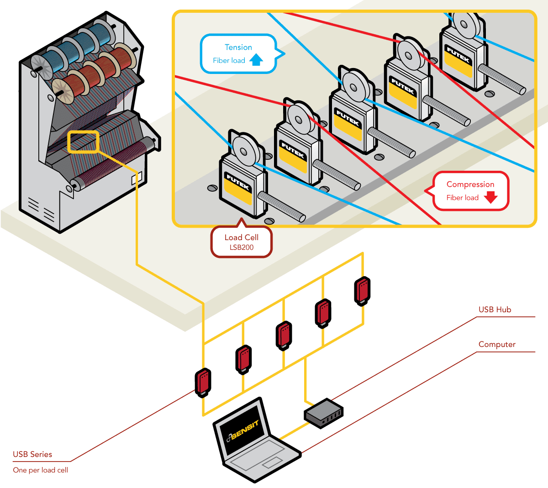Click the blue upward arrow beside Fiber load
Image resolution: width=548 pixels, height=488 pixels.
257,60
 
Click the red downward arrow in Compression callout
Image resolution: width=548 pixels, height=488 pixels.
490,197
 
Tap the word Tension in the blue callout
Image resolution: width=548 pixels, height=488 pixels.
238,47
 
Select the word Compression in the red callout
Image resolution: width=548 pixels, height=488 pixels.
470,184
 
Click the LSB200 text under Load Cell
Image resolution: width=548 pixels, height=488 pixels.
242,247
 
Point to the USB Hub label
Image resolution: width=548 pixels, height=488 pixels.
495,310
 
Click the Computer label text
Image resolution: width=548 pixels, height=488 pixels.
497,344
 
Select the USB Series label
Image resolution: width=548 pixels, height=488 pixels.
32,454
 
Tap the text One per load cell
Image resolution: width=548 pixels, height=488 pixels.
40,470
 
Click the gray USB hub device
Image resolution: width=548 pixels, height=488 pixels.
323,413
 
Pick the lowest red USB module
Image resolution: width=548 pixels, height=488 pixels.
203,383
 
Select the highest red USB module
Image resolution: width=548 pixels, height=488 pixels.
362,290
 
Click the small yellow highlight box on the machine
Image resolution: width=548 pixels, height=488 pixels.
83,142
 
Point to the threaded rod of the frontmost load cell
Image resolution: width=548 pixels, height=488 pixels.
281,205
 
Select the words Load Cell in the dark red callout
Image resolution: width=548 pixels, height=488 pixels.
241,237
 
